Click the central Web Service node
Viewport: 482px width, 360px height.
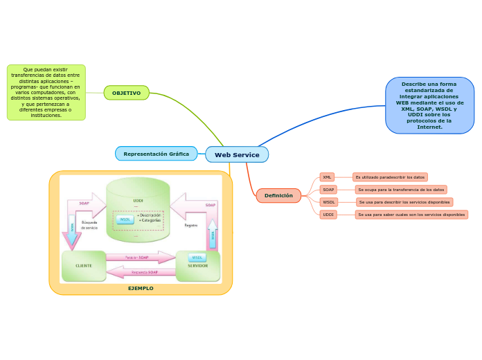[x=237, y=154]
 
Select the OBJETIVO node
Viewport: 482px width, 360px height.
[x=126, y=93]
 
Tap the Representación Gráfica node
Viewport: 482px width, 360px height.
[x=156, y=154]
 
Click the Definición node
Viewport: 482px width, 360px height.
[x=278, y=196]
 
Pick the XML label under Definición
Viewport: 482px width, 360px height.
[x=327, y=177]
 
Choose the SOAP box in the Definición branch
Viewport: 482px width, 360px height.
[x=328, y=190]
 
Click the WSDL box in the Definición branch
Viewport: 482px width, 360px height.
[x=329, y=202]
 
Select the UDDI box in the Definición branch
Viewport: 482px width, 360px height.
[x=328, y=215]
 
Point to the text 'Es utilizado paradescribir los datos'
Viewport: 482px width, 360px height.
[x=390, y=177]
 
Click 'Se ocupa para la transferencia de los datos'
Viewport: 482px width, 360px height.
[x=401, y=190]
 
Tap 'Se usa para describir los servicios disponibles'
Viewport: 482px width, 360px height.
[x=404, y=202]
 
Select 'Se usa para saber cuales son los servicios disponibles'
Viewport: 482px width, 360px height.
[x=411, y=215]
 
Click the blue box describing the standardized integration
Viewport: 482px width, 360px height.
[x=429, y=105]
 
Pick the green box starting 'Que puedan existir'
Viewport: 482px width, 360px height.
[x=46, y=93]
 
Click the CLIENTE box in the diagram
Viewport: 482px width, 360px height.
[x=84, y=266]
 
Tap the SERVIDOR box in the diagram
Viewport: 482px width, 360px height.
[x=198, y=266]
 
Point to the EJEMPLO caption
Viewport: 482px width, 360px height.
[x=141, y=288]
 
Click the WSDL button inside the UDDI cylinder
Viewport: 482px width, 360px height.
[x=125, y=219]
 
